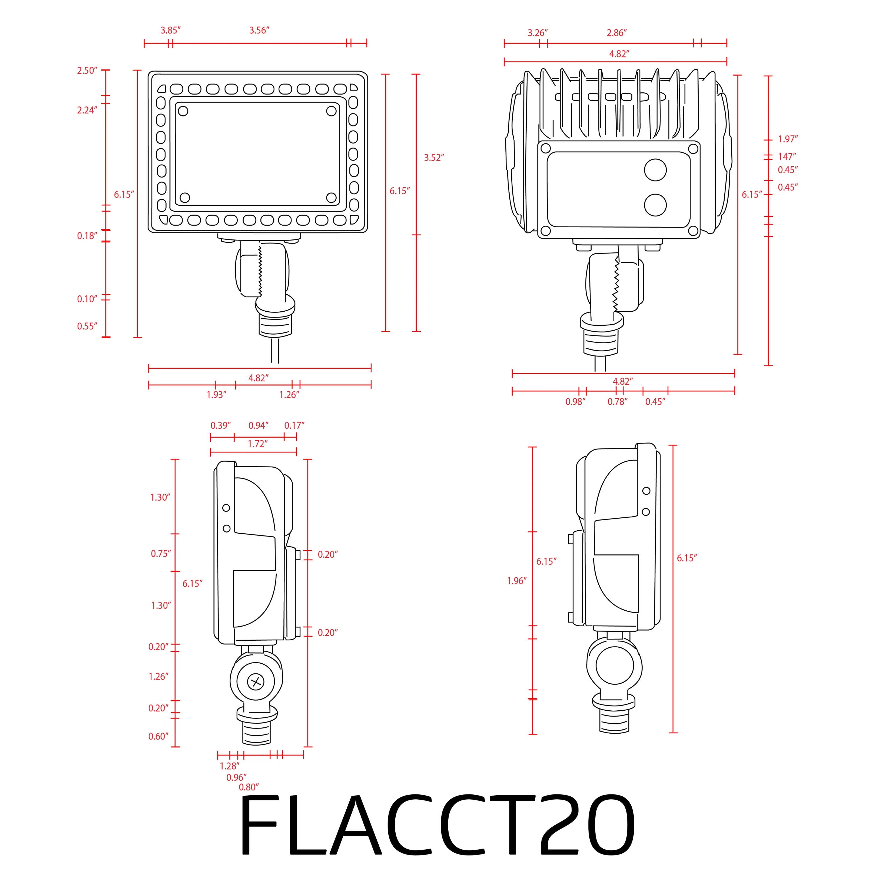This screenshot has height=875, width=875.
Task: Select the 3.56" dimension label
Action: [x=259, y=30]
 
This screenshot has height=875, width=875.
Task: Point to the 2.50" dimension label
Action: [x=87, y=71]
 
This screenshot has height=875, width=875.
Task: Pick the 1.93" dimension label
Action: [x=216, y=395]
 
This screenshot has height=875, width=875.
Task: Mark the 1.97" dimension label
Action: [x=788, y=139]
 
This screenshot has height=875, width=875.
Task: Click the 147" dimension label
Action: [x=787, y=157]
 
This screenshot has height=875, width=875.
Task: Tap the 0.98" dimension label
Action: [x=575, y=402]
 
